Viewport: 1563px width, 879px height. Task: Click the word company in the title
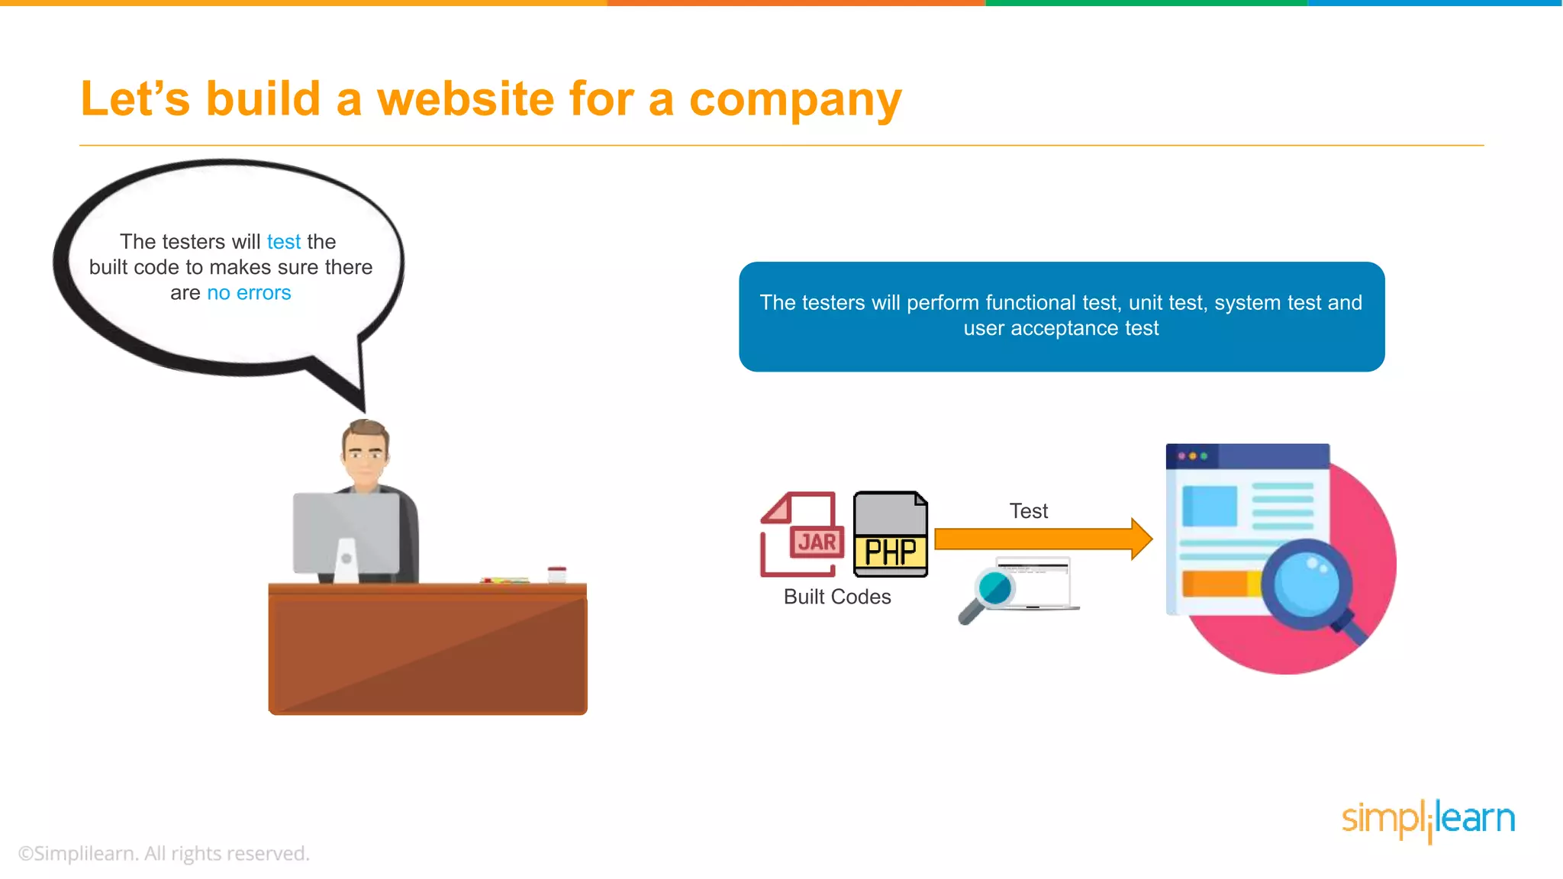(x=794, y=101)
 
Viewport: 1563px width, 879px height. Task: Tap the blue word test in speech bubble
(x=283, y=242)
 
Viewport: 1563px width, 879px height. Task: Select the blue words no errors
(x=249, y=293)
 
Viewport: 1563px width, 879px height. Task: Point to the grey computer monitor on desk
(x=346, y=533)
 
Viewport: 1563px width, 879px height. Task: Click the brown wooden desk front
(x=427, y=652)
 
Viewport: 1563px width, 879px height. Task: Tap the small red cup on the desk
(x=557, y=574)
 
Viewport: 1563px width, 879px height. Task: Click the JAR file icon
(x=801, y=534)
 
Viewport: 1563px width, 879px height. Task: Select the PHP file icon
(x=890, y=534)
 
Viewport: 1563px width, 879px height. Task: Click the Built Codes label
(x=836, y=597)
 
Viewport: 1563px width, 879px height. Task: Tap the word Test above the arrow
(x=1028, y=511)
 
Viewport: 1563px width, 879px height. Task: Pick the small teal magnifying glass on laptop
(x=994, y=589)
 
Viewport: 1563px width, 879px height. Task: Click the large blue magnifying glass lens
(x=1306, y=584)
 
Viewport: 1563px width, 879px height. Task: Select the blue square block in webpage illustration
(x=1209, y=506)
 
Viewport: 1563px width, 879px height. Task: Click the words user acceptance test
(x=1061, y=329)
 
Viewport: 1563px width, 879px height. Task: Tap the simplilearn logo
(x=1428, y=819)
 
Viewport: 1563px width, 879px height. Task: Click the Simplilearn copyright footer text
(x=163, y=854)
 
